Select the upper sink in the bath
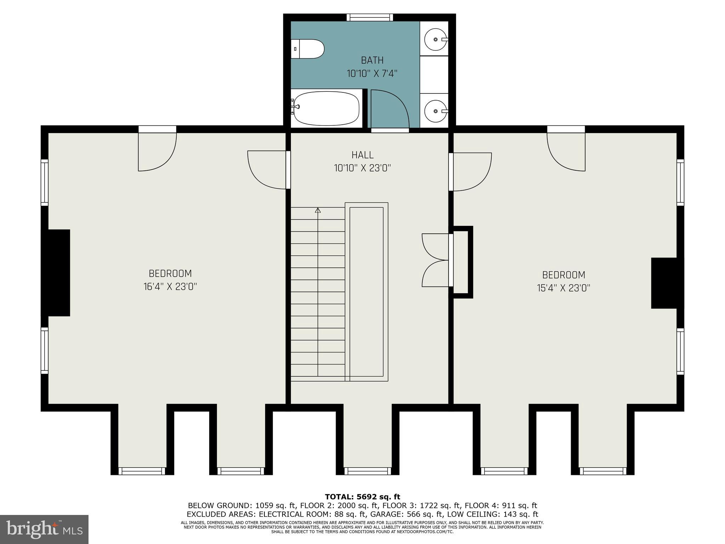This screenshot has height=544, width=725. pos(435,39)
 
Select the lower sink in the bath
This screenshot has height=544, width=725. pos(435,111)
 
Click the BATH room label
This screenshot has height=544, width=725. pos(372,60)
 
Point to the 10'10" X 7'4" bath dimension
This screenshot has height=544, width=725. pos(372,74)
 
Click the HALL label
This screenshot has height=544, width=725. pos(362,155)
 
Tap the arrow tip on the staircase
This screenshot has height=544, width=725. pos(318,210)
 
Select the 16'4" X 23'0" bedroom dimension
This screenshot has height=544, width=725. pos(170,287)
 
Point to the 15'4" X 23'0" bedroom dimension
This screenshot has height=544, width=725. pos(564,288)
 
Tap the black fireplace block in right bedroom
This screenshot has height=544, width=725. pos(664,283)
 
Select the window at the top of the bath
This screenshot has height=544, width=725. pos(370,17)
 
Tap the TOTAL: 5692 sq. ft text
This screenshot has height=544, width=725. pos(362,497)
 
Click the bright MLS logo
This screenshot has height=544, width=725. pos(44,529)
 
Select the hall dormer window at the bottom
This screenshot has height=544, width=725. pos(368,471)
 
